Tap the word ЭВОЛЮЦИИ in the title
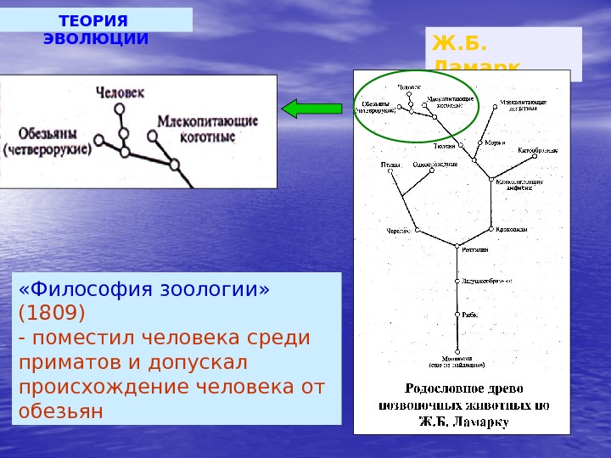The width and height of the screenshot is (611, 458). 96,39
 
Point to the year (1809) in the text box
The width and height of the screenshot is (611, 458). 52,313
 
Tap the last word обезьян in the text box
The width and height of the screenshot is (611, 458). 59,411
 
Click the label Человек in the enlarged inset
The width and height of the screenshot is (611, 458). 121,91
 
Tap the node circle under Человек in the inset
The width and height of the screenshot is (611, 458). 121,109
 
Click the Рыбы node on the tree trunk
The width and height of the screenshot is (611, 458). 458,315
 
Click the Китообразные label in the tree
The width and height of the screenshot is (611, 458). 538,150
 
